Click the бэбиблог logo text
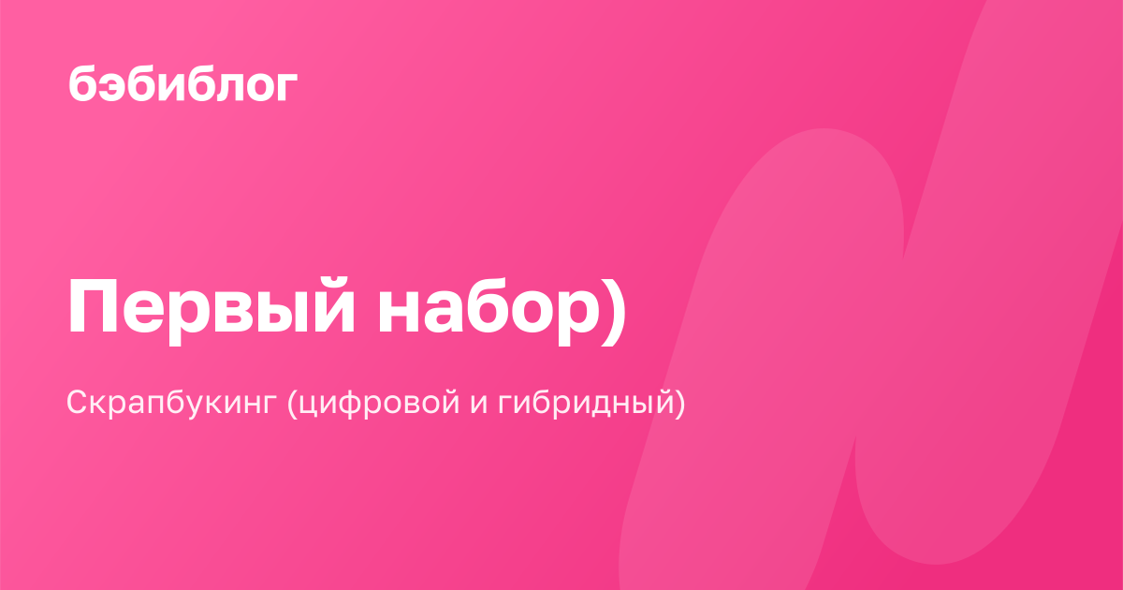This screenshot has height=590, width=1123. pos(183,85)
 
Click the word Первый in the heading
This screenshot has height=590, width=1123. pos(211,305)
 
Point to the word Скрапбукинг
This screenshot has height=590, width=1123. pos(172,403)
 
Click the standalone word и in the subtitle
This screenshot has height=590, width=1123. pos(479,405)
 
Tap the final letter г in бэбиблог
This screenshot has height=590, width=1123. pos(286,87)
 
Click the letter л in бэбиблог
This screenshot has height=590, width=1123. pos(224,87)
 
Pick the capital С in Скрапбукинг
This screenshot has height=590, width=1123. pos(80,402)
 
